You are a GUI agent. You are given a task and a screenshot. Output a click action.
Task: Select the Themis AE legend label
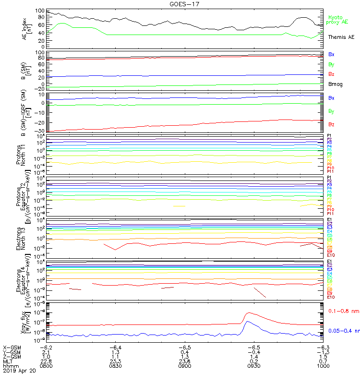tap(340, 37)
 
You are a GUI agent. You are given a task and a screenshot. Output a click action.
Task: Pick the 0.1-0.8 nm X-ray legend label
tap(343, 312)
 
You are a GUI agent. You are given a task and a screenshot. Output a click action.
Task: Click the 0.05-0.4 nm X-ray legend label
tap(343, 331)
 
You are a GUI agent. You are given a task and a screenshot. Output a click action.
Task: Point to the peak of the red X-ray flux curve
tap(248, 313)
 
